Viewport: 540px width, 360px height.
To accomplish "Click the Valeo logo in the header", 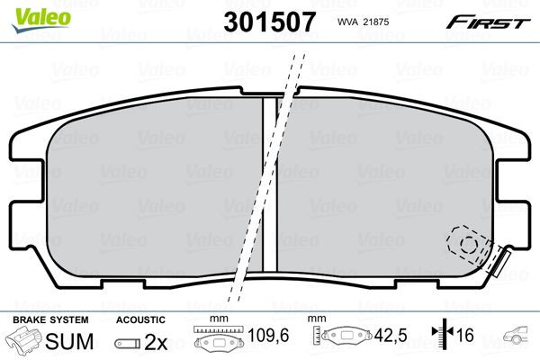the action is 41,20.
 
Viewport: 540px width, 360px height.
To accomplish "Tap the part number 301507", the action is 270,22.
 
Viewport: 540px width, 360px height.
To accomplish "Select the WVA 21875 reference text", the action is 363,22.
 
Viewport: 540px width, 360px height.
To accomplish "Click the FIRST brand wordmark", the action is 488,22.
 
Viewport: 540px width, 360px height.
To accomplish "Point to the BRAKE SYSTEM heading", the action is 50,320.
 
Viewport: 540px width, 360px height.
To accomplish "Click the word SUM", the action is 69,341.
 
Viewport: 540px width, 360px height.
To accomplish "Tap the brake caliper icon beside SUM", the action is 23,339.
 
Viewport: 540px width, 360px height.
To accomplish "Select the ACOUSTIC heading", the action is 140,320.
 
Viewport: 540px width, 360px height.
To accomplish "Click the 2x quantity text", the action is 156,342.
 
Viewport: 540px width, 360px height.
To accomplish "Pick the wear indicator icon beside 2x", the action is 128,344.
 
